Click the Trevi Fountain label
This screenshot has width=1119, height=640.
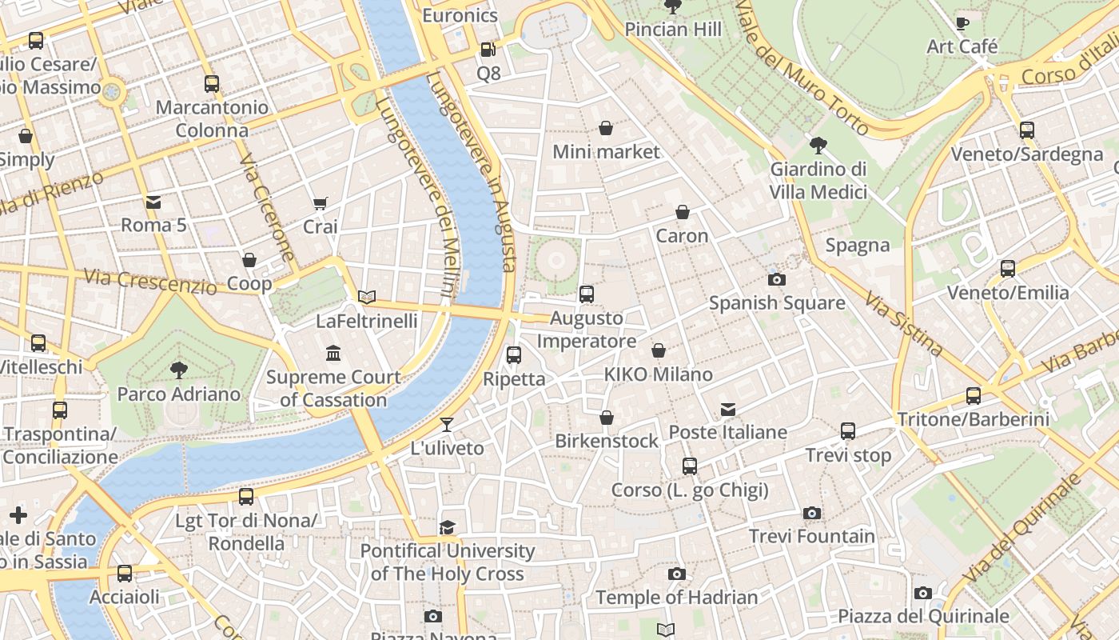click(811, 536)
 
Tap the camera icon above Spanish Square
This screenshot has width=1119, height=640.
click(776, 279)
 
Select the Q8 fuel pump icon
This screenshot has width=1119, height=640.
click(488, 50)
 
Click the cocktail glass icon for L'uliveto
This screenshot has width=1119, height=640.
click(447, 425)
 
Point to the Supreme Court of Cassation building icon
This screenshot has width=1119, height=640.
click(333, 353)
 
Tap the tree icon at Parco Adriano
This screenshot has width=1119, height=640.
click(179, 370)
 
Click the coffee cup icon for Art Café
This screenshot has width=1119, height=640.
click(962, 23)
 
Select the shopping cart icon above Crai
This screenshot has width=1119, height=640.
click(320, 203)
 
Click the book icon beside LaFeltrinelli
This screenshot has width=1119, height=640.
click(367, 298)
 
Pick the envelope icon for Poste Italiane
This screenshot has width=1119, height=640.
click(728, 410)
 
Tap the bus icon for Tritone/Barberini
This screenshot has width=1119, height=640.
click(973, 395)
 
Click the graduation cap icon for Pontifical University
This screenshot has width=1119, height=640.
click(447, 527)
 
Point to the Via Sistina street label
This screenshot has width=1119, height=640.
click(904, 323)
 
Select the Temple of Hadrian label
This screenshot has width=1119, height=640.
click(676, 598)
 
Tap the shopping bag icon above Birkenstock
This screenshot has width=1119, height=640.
click(607, 418)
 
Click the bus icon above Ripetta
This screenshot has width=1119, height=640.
click(514, 355)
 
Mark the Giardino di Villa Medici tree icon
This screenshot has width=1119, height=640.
click(818, 146)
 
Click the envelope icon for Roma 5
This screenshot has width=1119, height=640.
click(153, 202)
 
